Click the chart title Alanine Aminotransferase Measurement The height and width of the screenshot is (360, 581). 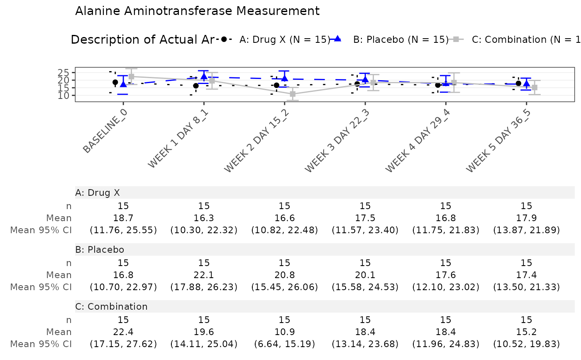[x=198, y=11]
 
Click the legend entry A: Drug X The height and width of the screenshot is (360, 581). [x=284, y=39]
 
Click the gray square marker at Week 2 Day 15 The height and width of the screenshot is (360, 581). [x=293, y=94]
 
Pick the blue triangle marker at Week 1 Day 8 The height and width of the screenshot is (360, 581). [x=204, y=76]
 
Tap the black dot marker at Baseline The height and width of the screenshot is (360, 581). [x=115, y=82]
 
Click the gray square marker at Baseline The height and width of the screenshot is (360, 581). [x=132, y=76]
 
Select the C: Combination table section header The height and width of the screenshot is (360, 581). [x=111, y=307]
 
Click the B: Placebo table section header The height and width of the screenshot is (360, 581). [x=100, y=249]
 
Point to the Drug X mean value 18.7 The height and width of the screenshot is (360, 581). [x=123, y=218]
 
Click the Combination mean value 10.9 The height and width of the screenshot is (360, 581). [x=284, y=332]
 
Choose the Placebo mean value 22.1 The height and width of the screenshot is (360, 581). [x=204, y=275]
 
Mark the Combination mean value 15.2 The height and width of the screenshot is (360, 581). [x=526, y=332]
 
